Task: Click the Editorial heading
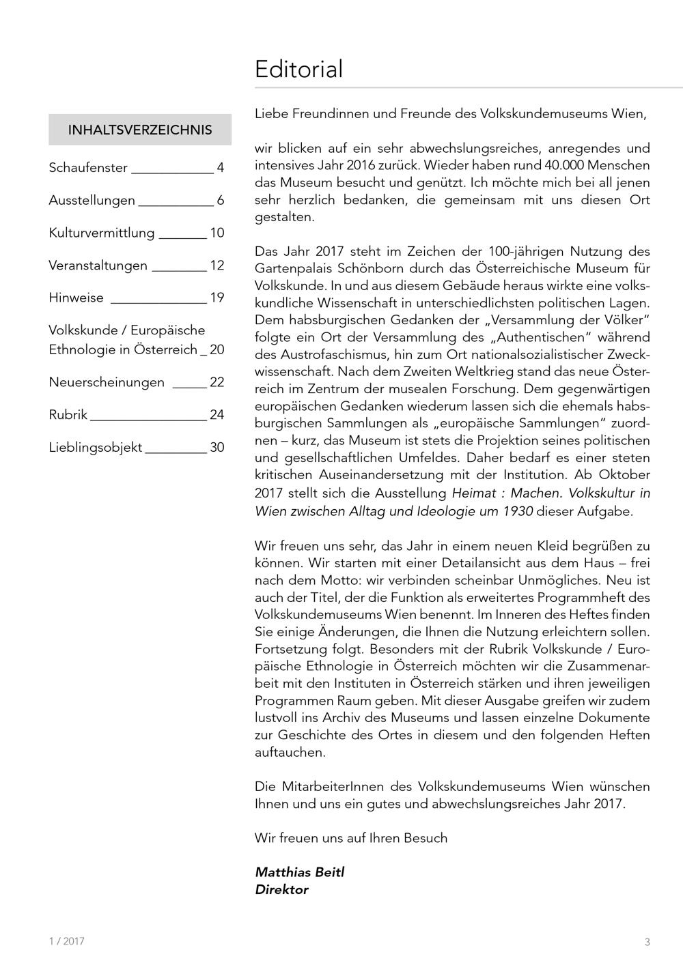click(298, 70)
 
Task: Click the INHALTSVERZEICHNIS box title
click(140, 130)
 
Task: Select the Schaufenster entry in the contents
click(88, 167)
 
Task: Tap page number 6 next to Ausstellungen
click(221, 200)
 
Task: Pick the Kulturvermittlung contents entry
click(102, 233)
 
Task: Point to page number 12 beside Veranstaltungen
click(217, 265)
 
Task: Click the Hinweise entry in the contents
click(76, 298)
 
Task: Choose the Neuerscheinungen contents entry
click(107, 382)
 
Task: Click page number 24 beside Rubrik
click(217, 415)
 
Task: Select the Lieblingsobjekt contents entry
click(96, 448)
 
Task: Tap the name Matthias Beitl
click(300, 872)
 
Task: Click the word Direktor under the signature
click(281, 890)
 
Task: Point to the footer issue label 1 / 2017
click(67, 941)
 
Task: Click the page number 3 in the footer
click(647, 942)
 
